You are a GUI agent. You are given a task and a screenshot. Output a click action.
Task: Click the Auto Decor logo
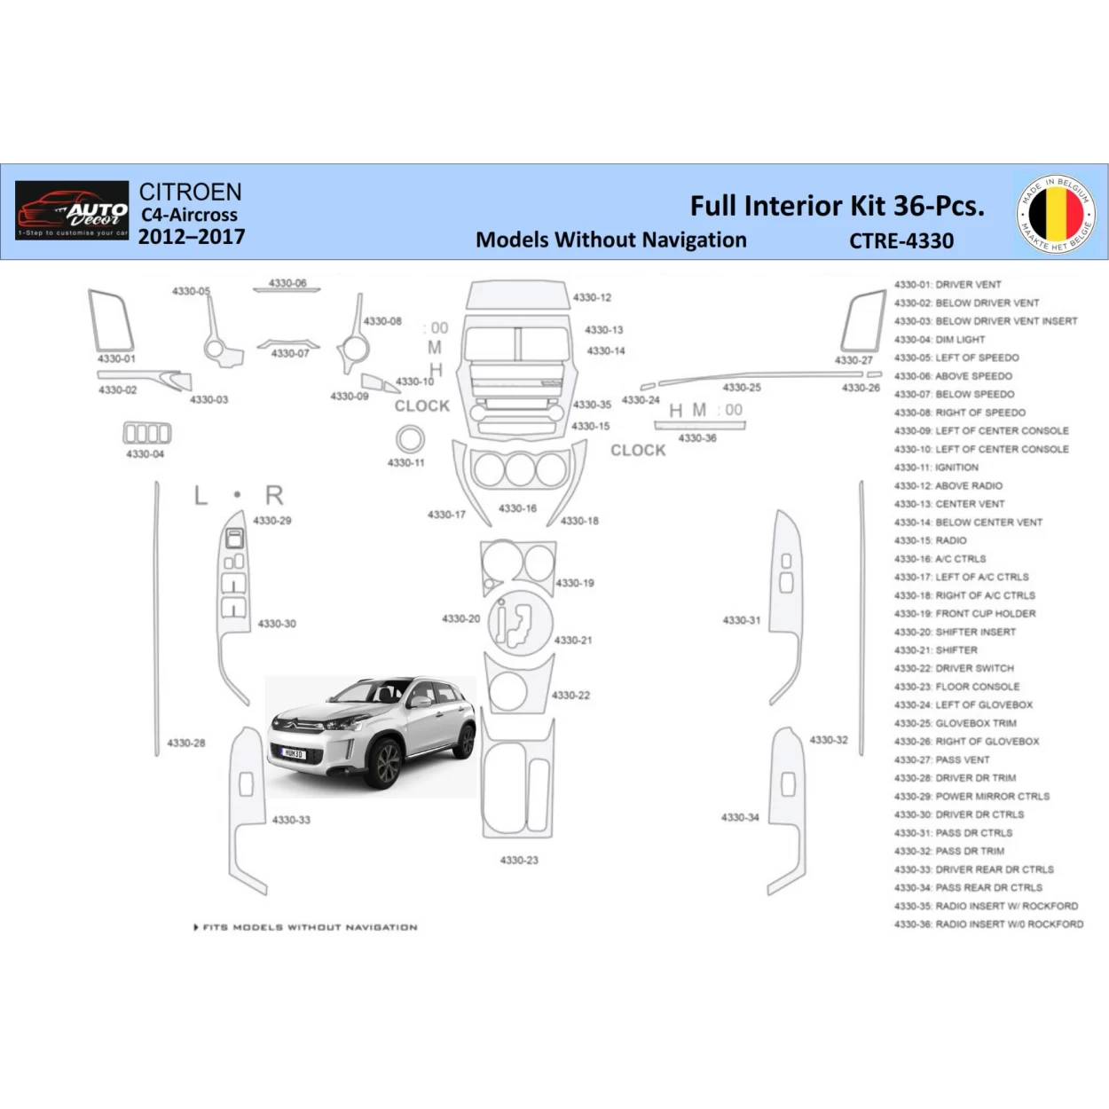(72, 211)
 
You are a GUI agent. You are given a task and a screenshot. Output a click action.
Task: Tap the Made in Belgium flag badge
(1056, 213)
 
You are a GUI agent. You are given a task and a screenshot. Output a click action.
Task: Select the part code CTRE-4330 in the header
(901, 240)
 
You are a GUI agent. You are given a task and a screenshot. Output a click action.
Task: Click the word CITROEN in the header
(190, 192)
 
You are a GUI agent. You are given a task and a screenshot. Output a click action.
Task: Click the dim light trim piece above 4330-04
(146, 433)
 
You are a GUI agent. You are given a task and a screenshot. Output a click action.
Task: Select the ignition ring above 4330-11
(409, 439)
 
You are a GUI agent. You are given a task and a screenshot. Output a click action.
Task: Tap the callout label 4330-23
(519, 860)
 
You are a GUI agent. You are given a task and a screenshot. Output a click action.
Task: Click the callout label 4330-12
(592, 298)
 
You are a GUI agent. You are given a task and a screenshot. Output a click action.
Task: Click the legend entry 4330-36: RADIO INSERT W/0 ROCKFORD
(988, 924)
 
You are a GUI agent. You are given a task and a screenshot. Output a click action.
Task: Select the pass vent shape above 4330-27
(862, 321)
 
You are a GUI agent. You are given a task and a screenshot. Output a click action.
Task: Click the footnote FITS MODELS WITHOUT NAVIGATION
(306, 927)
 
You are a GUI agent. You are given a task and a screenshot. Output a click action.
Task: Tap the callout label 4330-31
(742, 620)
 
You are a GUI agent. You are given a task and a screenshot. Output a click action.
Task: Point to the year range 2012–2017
(191, 237)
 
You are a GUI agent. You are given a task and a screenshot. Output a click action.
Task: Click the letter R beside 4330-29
(274, 495)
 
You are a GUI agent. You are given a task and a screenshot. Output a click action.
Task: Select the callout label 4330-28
(186, 743)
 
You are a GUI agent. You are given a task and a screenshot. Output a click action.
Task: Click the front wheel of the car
(388, 765)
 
